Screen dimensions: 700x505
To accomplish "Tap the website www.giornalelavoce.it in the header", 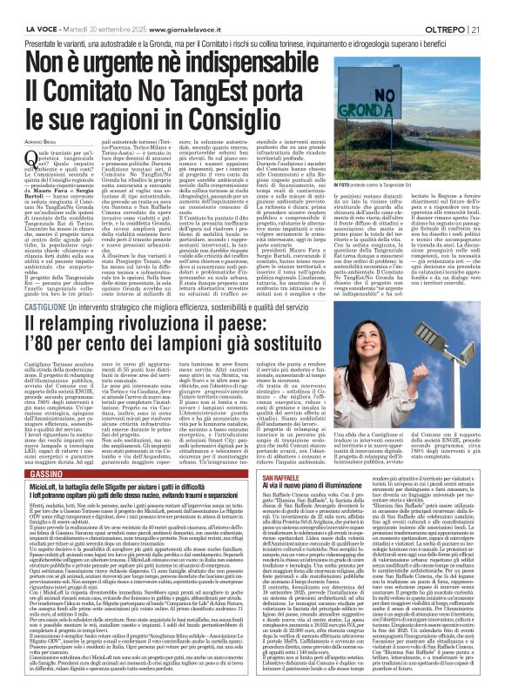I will point(173,9).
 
